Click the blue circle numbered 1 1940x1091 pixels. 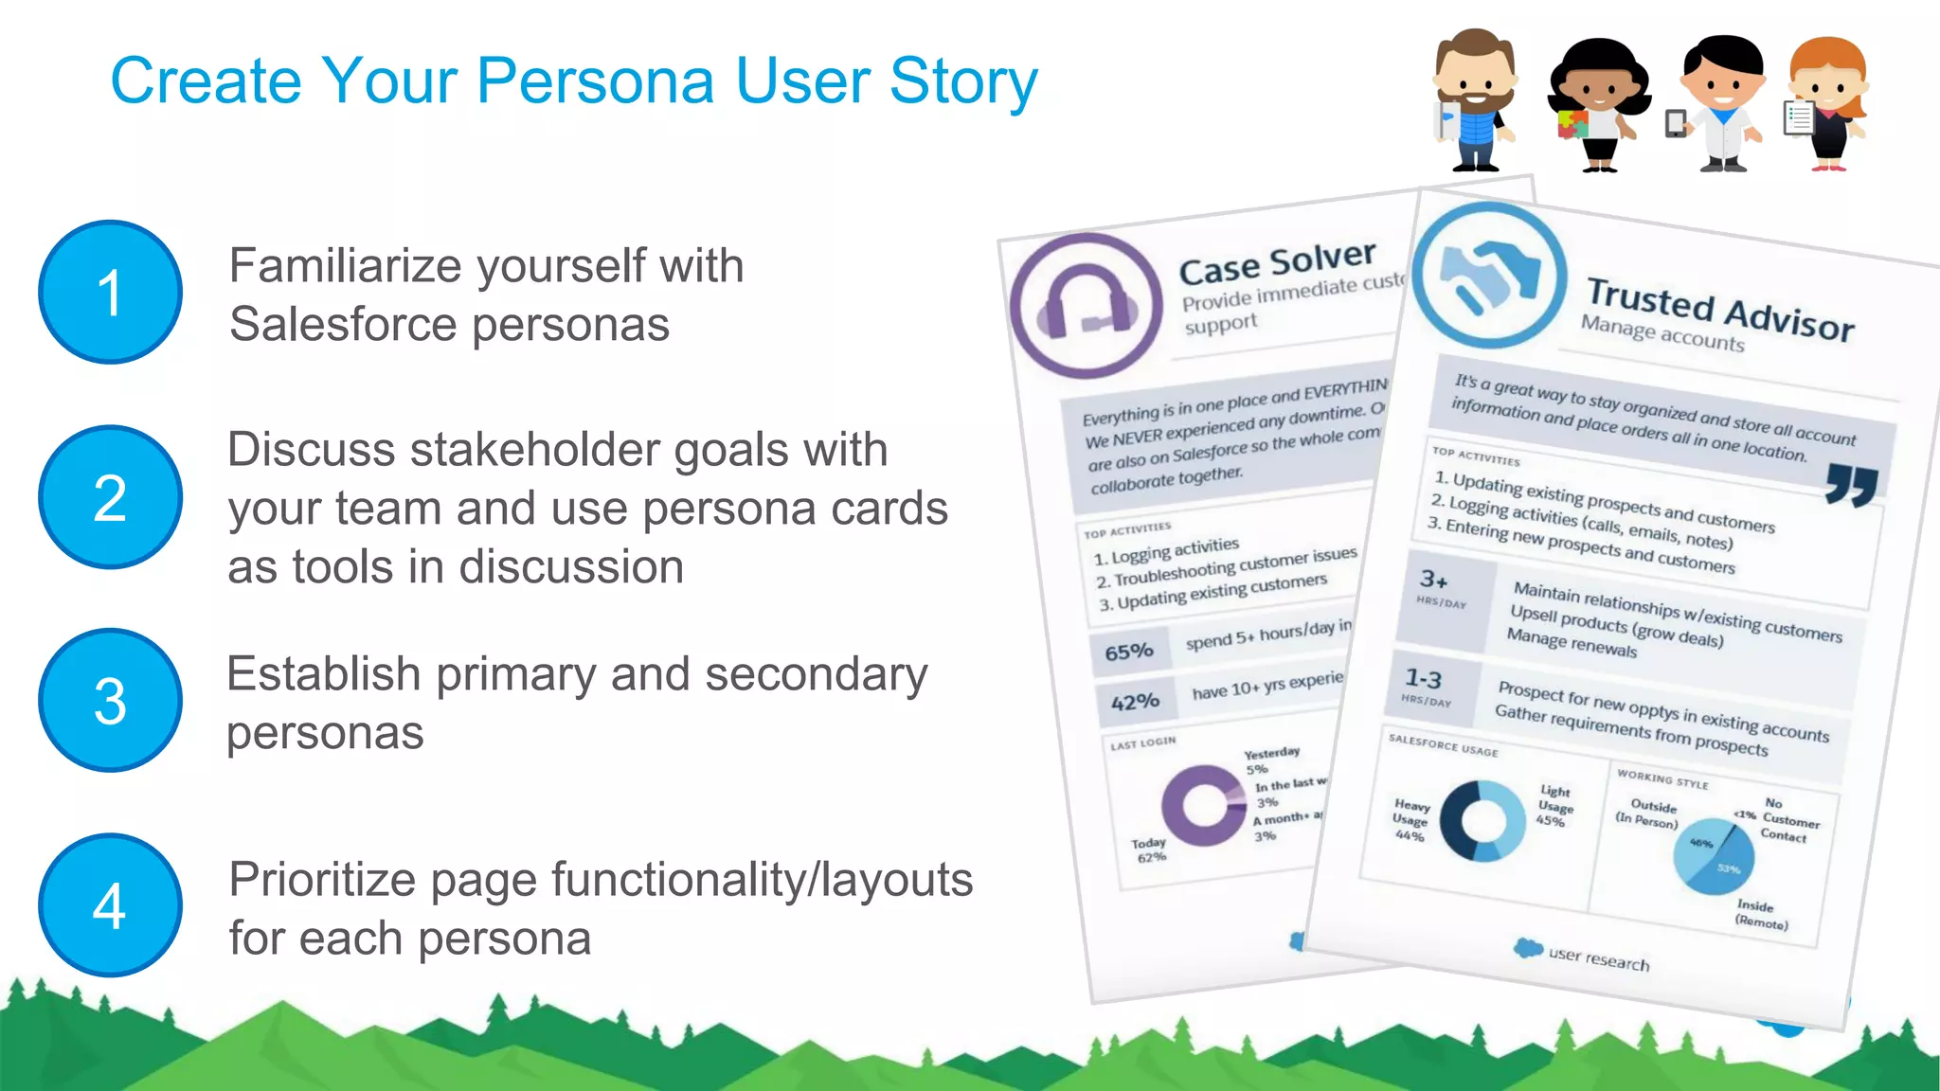(110, 292)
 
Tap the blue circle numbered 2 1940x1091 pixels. (110, 497)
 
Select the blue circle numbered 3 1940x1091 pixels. (110, 701)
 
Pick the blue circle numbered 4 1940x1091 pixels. (110, 905)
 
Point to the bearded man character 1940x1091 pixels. (1474, 99)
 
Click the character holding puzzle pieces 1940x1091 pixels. (1598, 104)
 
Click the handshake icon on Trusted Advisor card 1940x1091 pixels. (1489, 275)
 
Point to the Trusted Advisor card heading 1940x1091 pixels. (1720, 309)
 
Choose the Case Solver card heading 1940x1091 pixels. (1277, 262)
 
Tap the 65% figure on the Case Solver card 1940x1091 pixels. (1129, 652)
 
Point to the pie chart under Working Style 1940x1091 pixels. (1714, 856)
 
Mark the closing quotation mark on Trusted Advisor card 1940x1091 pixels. (1851, 485)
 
